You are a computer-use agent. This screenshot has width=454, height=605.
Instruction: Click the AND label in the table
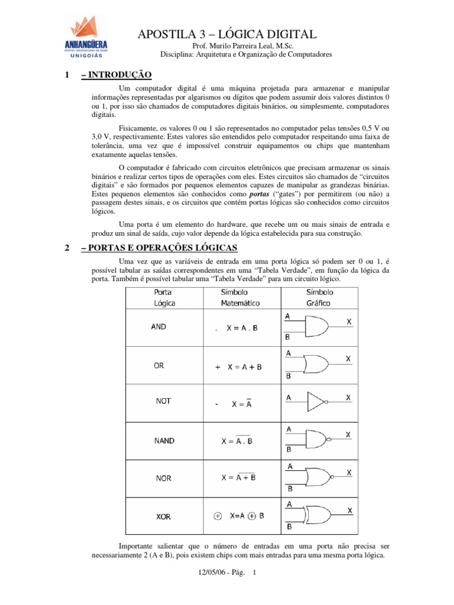click(x=158, y=326)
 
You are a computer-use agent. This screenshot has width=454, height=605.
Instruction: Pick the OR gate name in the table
click(x=158, y=366)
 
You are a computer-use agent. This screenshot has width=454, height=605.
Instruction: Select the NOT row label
click(x=163, y=401)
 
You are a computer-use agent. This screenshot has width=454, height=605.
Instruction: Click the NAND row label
click(x=164, y=441)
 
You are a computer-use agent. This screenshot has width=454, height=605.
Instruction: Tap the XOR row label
click(x=163, y=516)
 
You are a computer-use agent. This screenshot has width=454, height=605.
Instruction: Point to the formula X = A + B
click(x=243, y=367)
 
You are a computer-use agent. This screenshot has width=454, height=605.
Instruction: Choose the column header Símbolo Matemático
click(x=240, y=298)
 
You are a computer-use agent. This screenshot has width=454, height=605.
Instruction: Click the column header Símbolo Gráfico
click(x=319, y=298)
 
